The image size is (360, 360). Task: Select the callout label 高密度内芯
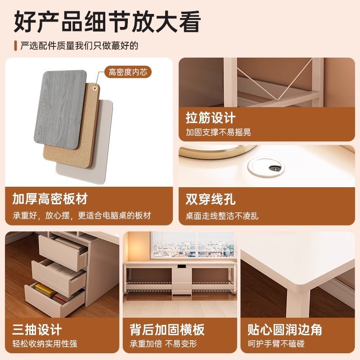click(128, 72)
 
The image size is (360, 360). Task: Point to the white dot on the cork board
click(94, 89)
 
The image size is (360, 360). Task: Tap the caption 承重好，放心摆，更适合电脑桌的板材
click(81, 215)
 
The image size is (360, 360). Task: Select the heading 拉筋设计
click(211, 118)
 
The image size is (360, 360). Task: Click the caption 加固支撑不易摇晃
click(218, 132)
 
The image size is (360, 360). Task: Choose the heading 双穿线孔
click(211, 199)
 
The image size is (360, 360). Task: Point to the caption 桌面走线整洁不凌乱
click(222, 216)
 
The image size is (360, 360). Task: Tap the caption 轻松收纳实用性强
click(45, 344)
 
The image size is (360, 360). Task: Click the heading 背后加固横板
click(167, 329)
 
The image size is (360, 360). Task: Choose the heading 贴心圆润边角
click(284, 329)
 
